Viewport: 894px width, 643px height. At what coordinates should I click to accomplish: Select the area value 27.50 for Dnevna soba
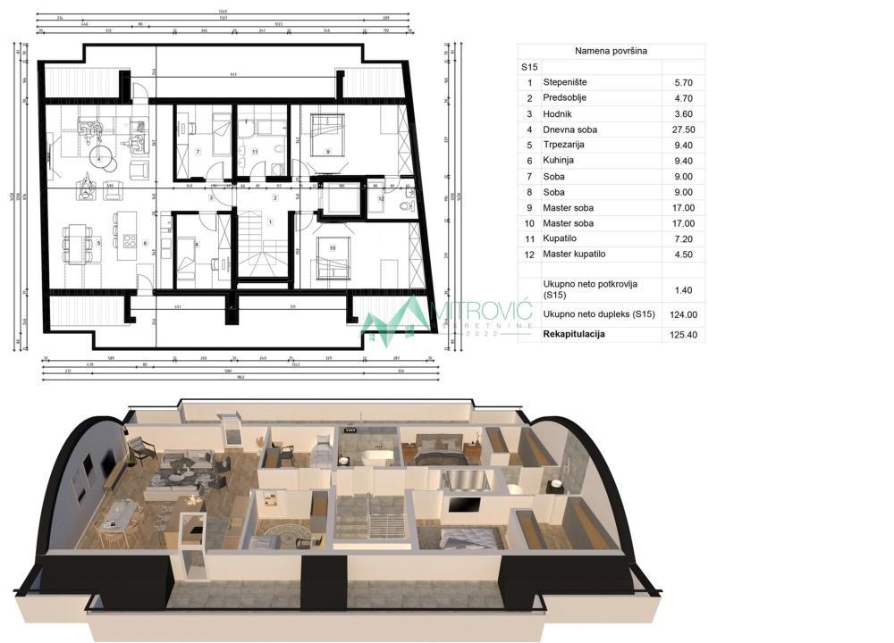(x=685, y=129)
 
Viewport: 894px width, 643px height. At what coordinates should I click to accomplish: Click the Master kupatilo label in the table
(x=577, y=255)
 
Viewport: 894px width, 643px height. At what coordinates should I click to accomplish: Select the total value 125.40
(x=685, y=334)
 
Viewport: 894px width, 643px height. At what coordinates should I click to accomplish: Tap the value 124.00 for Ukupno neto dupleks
(x=685, y=314)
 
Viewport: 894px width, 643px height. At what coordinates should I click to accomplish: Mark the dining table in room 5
(x=77, y=241)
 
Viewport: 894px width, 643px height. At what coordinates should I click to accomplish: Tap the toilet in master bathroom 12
(x=404, y=205)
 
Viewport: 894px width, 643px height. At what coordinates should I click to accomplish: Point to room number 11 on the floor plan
(x=255, y=153)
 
